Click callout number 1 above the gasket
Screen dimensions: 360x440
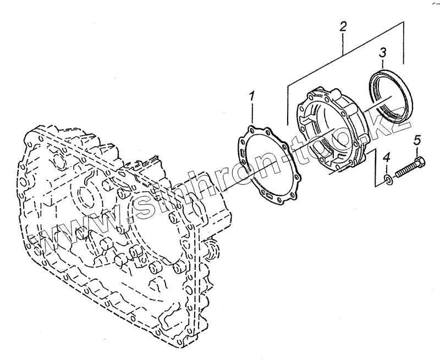pos(251,97)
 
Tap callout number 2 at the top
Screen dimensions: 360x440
pos(343,26)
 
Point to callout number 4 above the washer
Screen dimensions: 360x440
pos(387,158)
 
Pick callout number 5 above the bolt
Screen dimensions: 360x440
pos(416,141)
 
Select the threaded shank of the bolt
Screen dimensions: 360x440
pos(404,169)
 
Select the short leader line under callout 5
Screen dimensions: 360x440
pos(417,152)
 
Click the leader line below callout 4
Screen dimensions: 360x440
pos(387,168)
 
